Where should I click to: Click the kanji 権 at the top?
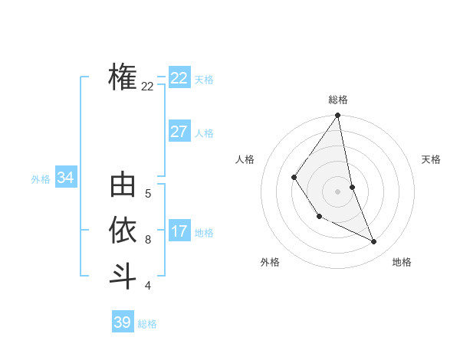(123, 77)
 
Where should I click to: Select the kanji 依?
(123, 230)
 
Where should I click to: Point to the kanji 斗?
(123, 276)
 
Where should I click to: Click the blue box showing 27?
(179, 131)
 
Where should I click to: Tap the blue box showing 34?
(65, 178)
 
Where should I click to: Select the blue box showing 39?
(122, 322)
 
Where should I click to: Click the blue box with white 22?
(179, 78)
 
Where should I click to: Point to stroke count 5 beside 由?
(147, 194)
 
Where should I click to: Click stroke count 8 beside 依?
(147, 239)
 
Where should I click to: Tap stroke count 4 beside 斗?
(147, 286)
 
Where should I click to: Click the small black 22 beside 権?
(147, 87)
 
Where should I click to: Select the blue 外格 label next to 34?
(41, 179)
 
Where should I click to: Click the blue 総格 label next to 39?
(147, 324)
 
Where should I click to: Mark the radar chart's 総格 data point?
(337, 116)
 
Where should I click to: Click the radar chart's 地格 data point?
(374, 242)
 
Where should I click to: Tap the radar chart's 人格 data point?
(294, 178)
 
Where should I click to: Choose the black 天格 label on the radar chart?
(432, 159)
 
